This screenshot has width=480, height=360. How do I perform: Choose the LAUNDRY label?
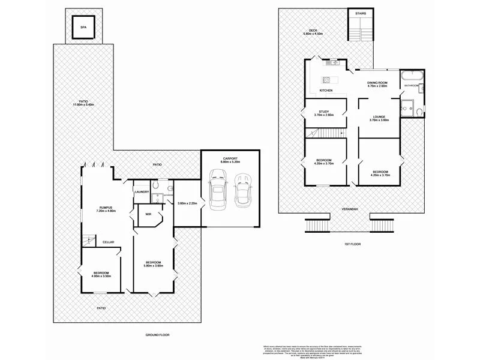142,191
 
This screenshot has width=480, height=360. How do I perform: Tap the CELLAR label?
108,242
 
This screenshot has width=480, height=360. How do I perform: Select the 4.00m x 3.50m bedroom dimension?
102,277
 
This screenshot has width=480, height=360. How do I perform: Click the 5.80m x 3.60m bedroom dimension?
153,266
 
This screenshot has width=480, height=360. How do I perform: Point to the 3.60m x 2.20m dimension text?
187,203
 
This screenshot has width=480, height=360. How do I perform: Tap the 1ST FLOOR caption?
351,244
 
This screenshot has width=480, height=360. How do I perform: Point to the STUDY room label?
324,111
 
